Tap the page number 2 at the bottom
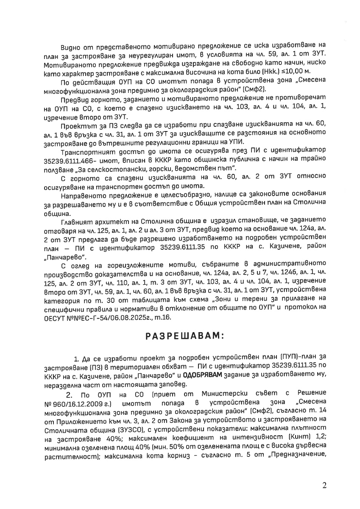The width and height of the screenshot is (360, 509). (x=324, y=486)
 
